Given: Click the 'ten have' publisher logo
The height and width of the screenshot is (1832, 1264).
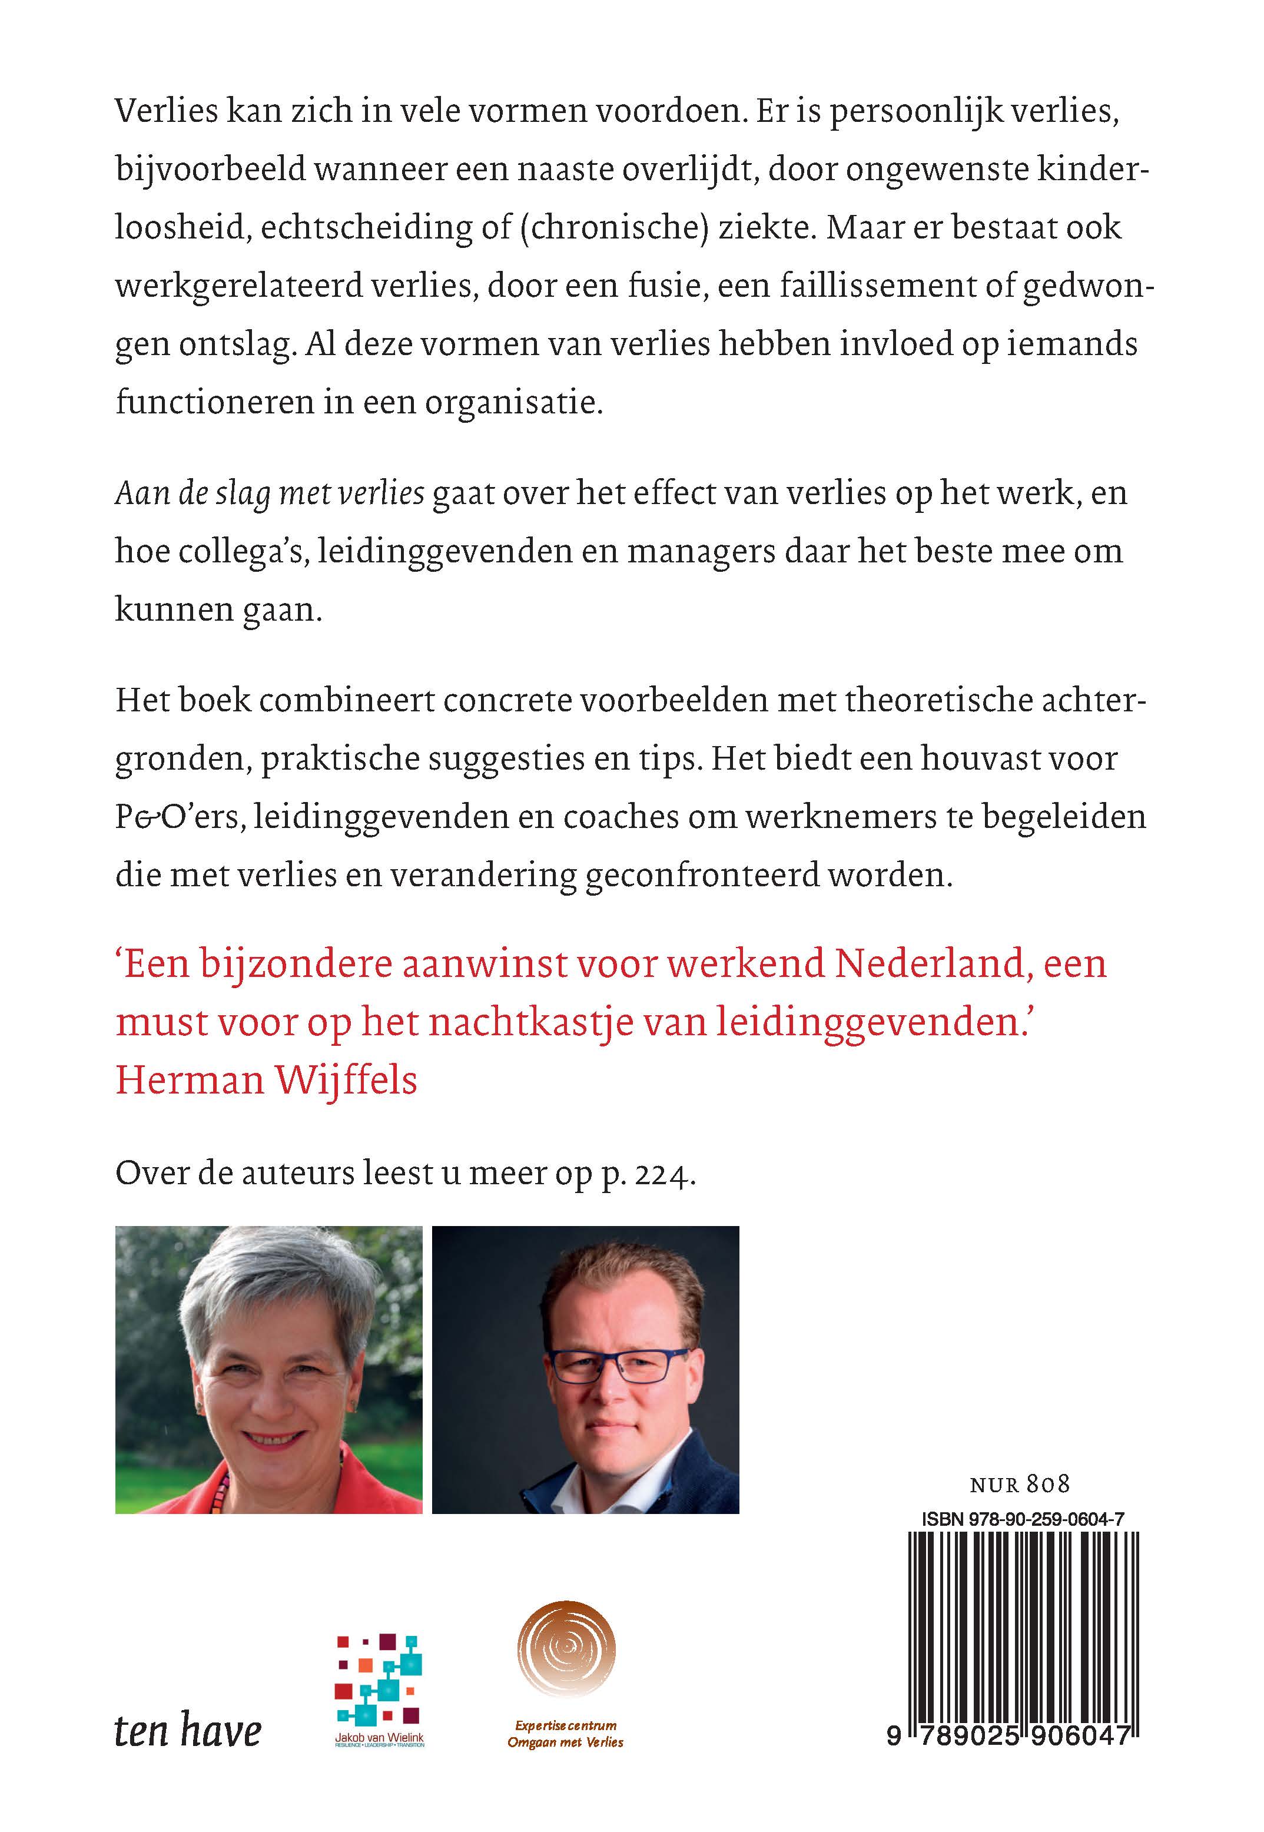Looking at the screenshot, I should click(x=188, y=1731).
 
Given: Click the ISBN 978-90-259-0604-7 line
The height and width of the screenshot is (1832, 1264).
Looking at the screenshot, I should click(x=1023, y=1519).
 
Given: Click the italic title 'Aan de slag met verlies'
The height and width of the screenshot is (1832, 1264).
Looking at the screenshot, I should click(x=270, y=493).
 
